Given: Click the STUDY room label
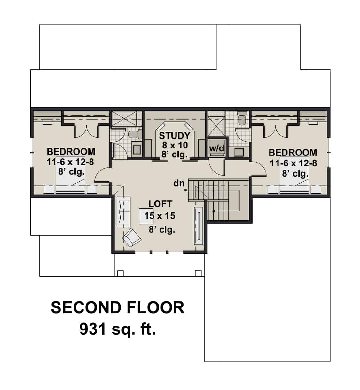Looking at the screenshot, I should [x=175, y=136].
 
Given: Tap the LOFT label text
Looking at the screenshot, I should [x=160, y=204].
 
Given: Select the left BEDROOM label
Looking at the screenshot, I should [x=71, y=151].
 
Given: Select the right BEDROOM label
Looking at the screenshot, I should [x=293, y=153].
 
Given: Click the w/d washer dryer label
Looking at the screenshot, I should [x=217, y=148].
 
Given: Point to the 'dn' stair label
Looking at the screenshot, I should [x=179, y=183].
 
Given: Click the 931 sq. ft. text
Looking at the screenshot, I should [x=118, y=329].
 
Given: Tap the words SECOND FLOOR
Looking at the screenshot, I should [x=118, y=307].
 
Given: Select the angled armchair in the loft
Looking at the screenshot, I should [x=132, y=237].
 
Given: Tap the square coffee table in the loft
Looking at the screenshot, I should [x=146, y=216].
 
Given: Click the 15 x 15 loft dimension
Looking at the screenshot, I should [x=160, y=216].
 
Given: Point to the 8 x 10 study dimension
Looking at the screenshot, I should [x=175, y=145].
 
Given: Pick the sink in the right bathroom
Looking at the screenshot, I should [x=238, y=152].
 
